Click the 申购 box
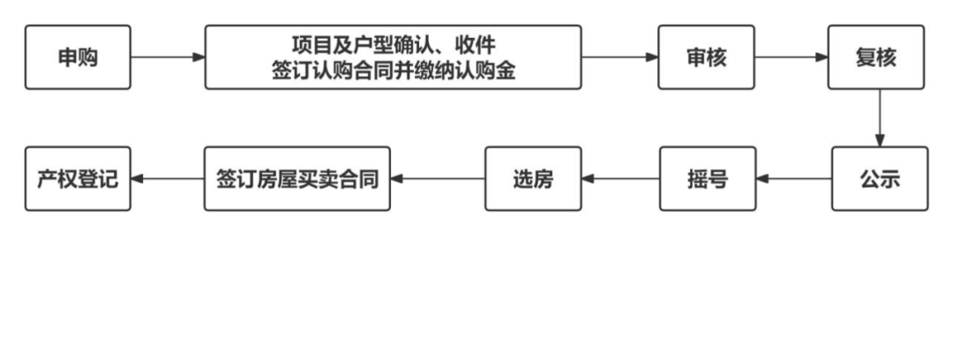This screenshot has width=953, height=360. (x=78, y=57)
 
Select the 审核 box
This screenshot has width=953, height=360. (x=707, y=57)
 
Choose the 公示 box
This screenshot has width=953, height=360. (x=879, y=178)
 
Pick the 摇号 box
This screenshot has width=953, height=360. (x=708, y=178)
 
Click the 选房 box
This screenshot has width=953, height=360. (x=533, y=178)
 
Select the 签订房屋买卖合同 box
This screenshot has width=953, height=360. (x=296, y=178)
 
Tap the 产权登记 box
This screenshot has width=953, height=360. (x=78, y=178)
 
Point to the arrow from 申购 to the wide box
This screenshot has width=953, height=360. (x=168, y=57)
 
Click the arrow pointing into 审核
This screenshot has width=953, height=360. (x=619, y=57)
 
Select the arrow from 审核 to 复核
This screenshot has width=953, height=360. (x=792, y=57)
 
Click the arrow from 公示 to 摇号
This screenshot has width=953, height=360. (x=793, y=178)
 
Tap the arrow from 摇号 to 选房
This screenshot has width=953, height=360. (x=620, y=178)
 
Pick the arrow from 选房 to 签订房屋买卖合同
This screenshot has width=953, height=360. (x=437, y=178)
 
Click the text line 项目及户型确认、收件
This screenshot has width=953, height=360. (x=393, y=44)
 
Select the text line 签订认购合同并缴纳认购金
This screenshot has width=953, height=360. (x=393, y=71)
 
